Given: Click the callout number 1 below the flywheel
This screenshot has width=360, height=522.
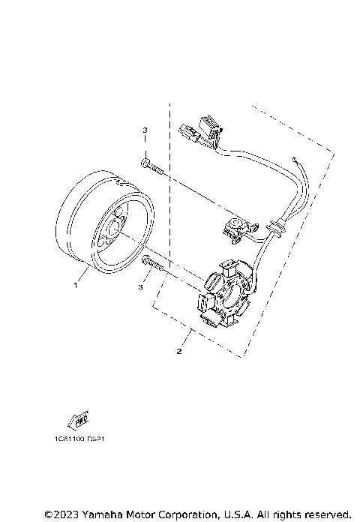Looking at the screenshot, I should pos(75,286).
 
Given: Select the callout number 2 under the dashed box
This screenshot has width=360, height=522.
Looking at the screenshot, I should pos(178,350).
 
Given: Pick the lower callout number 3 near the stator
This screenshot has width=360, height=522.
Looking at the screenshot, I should pos(139,286).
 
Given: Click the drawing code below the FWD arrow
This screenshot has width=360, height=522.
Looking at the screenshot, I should pos(79,439).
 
